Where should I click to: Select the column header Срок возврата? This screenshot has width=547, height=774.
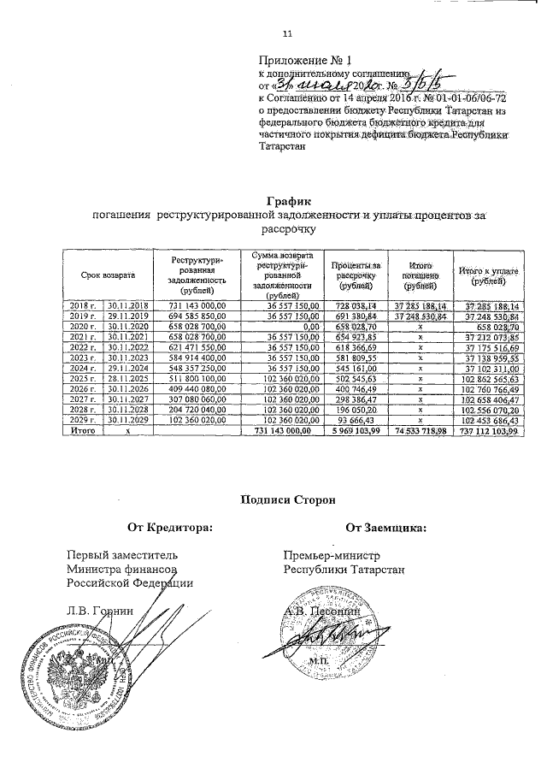pos(108,275)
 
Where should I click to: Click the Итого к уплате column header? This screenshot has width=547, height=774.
pos(489,275)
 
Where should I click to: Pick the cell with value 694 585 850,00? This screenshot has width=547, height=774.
pos(197,316)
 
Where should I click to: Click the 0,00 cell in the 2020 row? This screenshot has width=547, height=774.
pos(303,327)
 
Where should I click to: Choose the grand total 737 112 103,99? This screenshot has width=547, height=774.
pos(489,431)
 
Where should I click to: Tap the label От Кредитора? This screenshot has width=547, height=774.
pos(168,529)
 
